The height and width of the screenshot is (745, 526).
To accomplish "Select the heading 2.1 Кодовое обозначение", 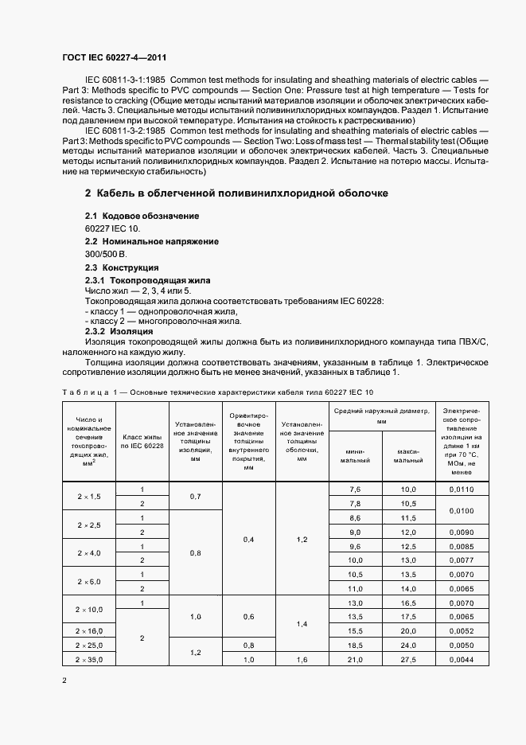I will [x=142, y=216].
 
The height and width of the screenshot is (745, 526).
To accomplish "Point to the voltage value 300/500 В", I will [x=105, y=253].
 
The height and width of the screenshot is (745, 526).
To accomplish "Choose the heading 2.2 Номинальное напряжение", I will [x=151, y=241].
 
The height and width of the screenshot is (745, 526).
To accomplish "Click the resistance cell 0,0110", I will [x=461, y=489].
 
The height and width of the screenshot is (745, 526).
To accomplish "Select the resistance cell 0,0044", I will [x=461, y=660].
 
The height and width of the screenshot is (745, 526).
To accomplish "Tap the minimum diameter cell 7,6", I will [x=355, y=489].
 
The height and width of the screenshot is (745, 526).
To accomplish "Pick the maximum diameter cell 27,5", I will [x=408, y=660].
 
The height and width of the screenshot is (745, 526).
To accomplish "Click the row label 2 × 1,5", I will [x=89, y=496].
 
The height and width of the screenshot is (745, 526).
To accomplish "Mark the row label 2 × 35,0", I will [x=89, y=660].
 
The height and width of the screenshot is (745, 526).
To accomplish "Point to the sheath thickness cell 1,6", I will [x=302, y=660].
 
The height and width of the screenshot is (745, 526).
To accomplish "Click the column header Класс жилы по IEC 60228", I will [x=142, y=442].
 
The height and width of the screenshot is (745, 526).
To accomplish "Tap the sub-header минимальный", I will [x=355, y=455].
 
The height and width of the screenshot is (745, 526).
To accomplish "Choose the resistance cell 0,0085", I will [x=461, y=546].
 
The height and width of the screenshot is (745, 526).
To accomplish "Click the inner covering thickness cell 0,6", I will [x=248, y=616].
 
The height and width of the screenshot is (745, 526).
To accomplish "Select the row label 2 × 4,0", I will [x=89, y=552].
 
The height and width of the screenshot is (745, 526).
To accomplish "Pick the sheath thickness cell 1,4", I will [x=302, y=623].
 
